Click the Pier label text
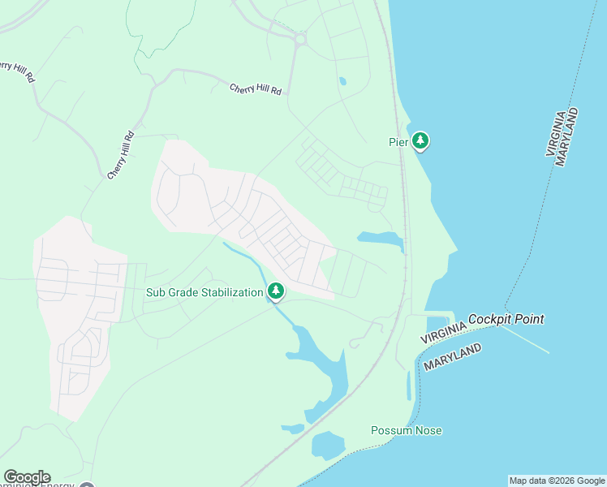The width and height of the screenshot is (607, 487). pyautogui.click(x=397, y=141)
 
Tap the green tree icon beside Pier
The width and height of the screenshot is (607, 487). pyautogui.click(x=420, y=141)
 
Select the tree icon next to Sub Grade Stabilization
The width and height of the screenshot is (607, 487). pyautogui.click(x=276, y=291)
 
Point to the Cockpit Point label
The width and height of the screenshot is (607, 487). pyautogui.click(x=506, y=319)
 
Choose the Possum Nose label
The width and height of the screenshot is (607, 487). pyautogui.click(x=407, y=430)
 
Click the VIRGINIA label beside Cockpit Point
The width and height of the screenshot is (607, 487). pyautogui.click(x=443, y=331)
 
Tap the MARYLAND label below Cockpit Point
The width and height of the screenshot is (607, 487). pyautogui.click(x=452, y=358)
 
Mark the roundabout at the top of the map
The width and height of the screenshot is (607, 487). pyautogui.click(x=299, y=38)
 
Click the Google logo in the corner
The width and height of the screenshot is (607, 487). pyautogui.click(x=27, y=477)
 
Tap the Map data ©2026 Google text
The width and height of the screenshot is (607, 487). pyautogui.click(x=557, y=481)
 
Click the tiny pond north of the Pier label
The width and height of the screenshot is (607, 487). pyautogui.click(x=342, y=81)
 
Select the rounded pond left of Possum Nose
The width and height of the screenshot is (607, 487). pyautogui.click(x=328, y=445)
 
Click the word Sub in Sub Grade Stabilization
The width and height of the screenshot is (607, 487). pyautogui.click(x=156, y=292)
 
